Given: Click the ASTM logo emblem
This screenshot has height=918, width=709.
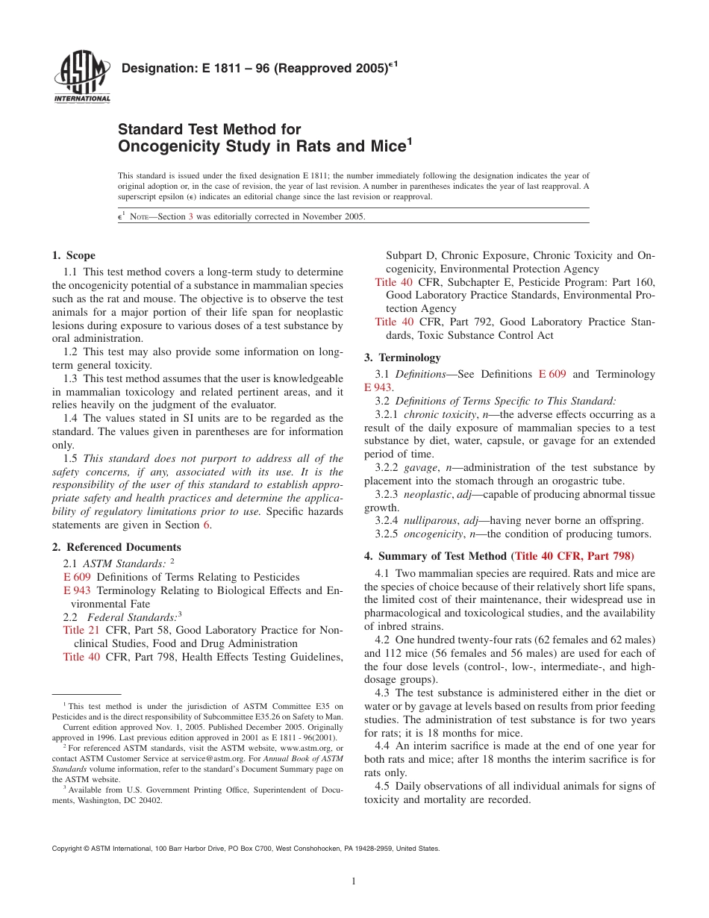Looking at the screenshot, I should click(81, 73).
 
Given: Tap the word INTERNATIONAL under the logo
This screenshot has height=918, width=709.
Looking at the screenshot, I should click(81, 99).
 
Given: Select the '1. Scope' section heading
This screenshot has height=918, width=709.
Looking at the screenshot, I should click(74, 256).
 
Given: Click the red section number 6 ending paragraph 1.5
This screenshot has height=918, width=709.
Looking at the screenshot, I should click(207, 525).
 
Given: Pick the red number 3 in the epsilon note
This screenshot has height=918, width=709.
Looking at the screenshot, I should click(190, 216).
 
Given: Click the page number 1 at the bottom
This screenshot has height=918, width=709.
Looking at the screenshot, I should click(354, 881).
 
